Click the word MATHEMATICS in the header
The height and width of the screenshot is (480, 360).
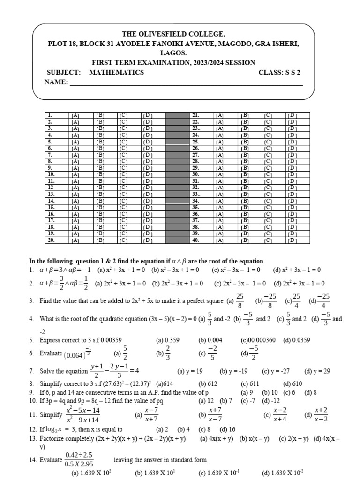click(x=116, y=73)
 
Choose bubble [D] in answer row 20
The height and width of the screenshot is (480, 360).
click(x=147, y=240)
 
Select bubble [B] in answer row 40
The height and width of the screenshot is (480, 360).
click(x=244, y=240)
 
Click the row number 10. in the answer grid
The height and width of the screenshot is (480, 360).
click(x=51, y=174)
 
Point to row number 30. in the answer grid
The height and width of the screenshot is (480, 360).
click(x=196, y=174)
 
